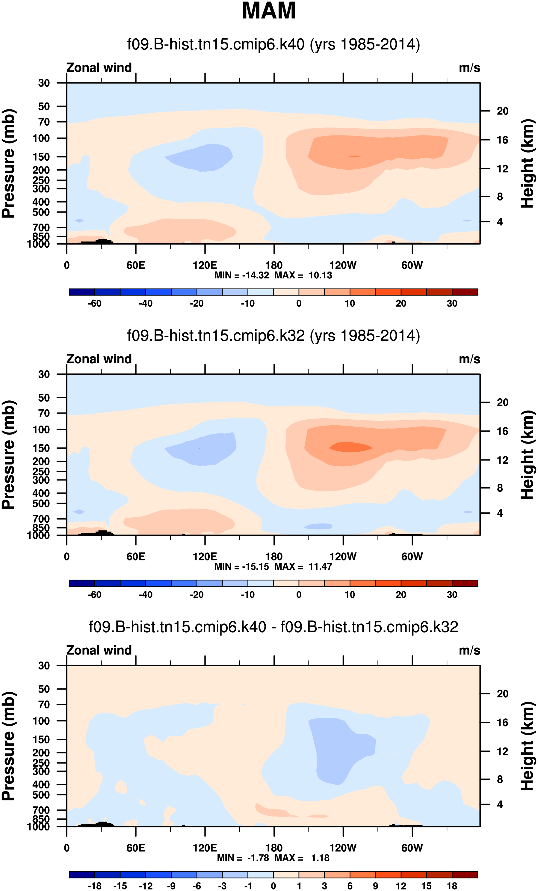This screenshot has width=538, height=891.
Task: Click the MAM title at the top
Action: click(x=269, y=11)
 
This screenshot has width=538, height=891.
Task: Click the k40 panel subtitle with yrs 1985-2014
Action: click(x=273, y=44)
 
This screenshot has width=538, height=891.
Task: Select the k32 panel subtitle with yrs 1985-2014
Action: click(x=273, y=336)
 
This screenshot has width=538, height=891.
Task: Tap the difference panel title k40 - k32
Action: click(x=273, y=627)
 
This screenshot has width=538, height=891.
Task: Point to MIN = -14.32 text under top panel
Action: click(x=241, y=275)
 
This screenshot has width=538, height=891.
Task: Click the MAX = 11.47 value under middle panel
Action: click(x=303, y=567)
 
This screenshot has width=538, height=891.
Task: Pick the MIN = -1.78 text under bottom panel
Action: click(x=243, y=858)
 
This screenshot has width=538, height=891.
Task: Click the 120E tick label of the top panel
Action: click(x=205, y=266)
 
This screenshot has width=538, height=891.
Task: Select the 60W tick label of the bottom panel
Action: click(x=412, y=848)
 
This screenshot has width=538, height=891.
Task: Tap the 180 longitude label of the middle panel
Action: click(x=274, y=557)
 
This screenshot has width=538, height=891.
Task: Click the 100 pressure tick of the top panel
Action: click(x=41, y=138)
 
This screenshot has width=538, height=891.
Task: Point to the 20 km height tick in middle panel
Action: click(x=502, y=402)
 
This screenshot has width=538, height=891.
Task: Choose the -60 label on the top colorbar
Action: click(x=95, y=303)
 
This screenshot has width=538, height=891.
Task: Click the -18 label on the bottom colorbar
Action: click(x=95, y=886)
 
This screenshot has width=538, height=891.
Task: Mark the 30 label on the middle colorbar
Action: click(x=452, y=595)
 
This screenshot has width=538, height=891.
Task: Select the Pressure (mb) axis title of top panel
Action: click(x=9, y=163)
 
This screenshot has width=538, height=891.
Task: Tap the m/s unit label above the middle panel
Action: click(x=469, y=359)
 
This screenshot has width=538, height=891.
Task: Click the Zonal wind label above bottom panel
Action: click(x=99, y=650)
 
